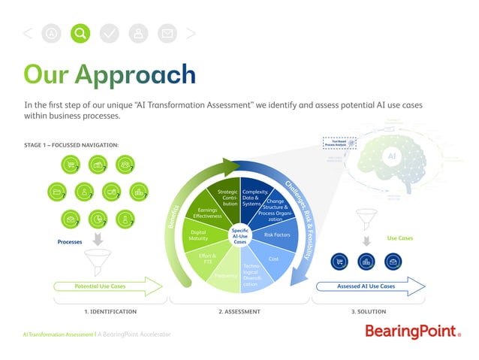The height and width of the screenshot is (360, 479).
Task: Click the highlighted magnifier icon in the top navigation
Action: click(80, 33)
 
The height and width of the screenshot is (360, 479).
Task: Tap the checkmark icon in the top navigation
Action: click(109, 33)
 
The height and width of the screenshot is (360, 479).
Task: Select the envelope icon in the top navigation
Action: click(167, 33)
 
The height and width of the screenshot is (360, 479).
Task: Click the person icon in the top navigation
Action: click(138, 33)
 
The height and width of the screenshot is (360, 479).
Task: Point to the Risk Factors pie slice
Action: click(277, 235)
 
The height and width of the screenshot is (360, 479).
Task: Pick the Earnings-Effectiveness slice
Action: click(206, 214)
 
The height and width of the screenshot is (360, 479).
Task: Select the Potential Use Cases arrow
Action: click(107, 286)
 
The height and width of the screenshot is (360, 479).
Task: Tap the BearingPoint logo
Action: click(412, 331)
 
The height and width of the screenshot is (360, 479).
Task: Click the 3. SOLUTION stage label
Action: click(368, 311)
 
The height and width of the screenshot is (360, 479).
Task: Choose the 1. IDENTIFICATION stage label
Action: click(110, 311)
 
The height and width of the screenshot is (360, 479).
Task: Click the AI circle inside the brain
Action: click(390, 156)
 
